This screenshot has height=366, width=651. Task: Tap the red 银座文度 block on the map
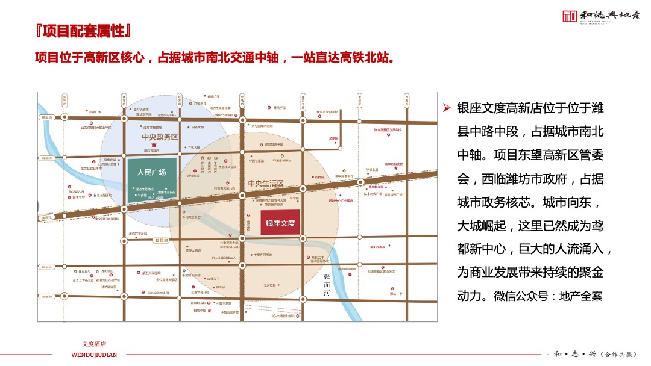(280, 223)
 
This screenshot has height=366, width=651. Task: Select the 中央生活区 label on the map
(265, 183)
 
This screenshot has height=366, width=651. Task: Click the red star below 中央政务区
(154, 146)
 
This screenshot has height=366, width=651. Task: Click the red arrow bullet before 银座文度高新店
(447, 108)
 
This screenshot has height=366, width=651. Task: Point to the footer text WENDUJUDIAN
(94, 355)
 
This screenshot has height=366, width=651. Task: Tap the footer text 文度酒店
(94, 344)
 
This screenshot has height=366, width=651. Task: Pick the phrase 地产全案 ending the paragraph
(582, 296)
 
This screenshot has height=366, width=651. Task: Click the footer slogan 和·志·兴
(570, 354)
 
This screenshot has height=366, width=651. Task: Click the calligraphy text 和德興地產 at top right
(610, 16)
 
